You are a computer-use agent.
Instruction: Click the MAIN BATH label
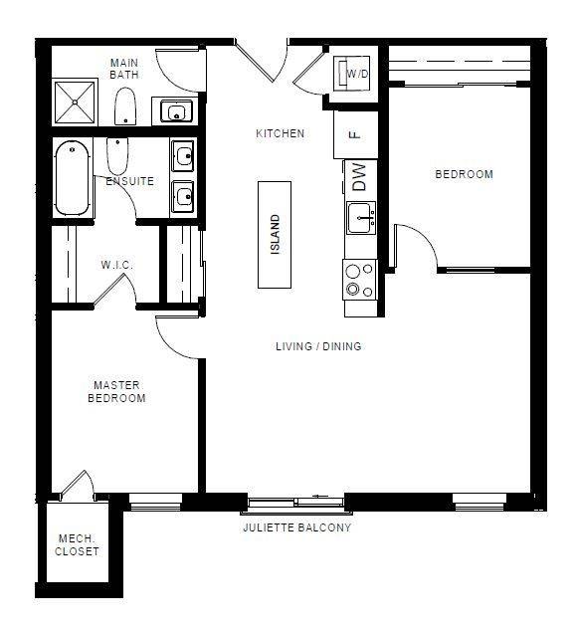click(x=124, y=68)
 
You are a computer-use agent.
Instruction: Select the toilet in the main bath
click(x=125, y=105)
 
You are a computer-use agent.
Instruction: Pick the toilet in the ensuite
click(x=116, y=156)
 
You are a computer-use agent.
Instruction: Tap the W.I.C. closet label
click(x=116, y=265)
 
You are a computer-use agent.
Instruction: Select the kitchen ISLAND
click(x=276, y=235)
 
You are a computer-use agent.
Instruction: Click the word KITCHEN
click(x=280, y=133)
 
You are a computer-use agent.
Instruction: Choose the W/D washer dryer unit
click(x=355, y=74)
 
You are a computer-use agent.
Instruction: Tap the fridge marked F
click(x=355, y=134)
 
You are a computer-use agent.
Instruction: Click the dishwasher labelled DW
click(x=359, y=178)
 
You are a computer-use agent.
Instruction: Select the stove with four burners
click(x=360, y=280)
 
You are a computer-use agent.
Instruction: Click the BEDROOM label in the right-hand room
click(x=464, y=174)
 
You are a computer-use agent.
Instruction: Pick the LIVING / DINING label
click(x=318, y=346)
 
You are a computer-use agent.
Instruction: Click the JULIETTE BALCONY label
click(x=296, y=527)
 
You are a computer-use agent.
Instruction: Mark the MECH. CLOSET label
click(x=77, y=545)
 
